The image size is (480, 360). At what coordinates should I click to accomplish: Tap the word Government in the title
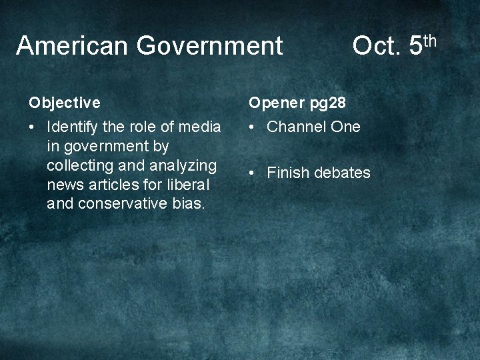click(x=209, y=46)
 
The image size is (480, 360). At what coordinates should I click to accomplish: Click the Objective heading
click(x=65, y=103)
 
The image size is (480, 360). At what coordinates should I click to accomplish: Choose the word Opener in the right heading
click(x=276, y=103)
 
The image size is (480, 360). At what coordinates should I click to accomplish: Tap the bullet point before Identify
click(x=33, y=127)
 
